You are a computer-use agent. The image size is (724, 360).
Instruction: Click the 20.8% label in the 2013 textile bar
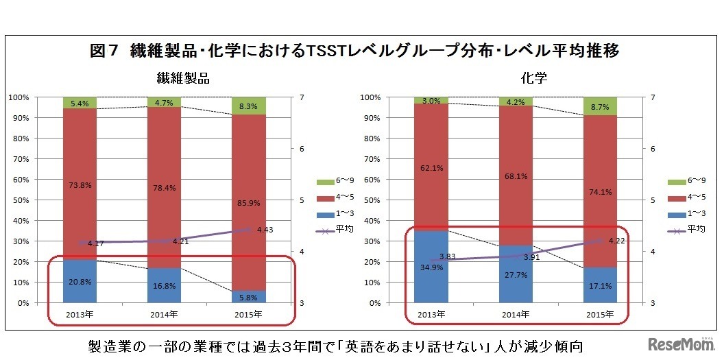80,282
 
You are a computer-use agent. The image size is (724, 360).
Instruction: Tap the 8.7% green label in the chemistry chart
600,108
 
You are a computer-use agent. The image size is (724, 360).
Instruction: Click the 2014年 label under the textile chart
164,314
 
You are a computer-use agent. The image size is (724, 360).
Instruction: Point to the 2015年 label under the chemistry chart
600,314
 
